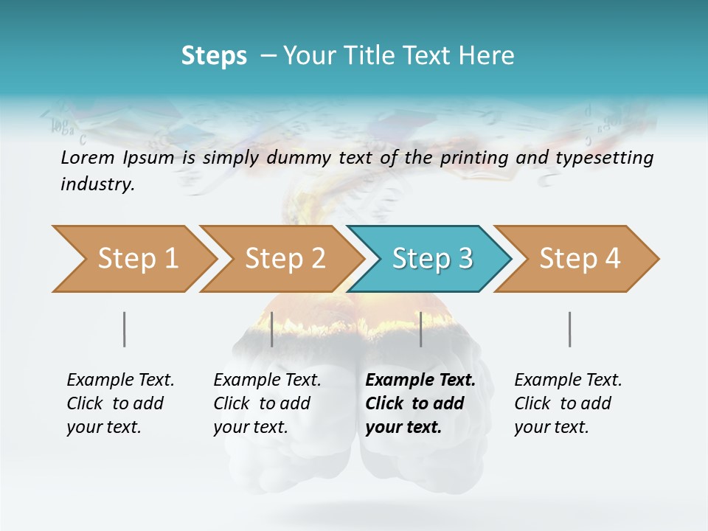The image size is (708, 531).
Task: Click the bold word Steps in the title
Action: (214, 55)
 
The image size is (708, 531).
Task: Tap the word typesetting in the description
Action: (610, 157)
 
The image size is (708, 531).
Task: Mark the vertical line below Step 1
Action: (124, 329)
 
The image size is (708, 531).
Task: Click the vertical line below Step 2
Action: (272, 329)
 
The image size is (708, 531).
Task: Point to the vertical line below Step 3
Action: (420, 329)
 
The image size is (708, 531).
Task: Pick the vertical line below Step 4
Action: (569, 329)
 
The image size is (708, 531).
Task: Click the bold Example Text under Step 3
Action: (420, 381)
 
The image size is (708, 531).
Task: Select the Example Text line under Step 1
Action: (120, 381)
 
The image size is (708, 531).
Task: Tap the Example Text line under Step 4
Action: (568, 381)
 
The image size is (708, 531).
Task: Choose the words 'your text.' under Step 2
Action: (251, 427)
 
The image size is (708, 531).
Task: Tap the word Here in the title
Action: (490, 55)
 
